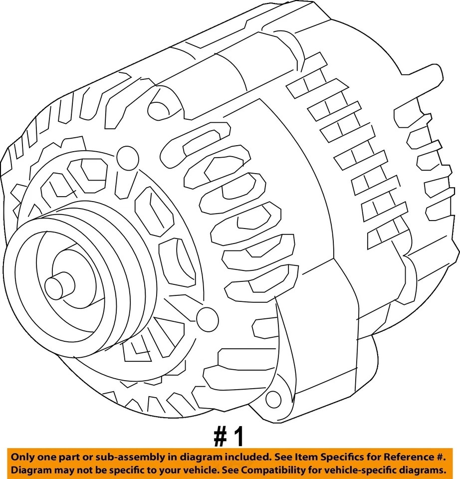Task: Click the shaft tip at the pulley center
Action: (59, 286)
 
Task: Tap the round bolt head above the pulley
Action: (128, 157)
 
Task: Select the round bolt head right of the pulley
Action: (207, 317)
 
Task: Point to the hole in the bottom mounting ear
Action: (273, 398)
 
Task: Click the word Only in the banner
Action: (22, 457)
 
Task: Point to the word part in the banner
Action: (64, 457)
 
